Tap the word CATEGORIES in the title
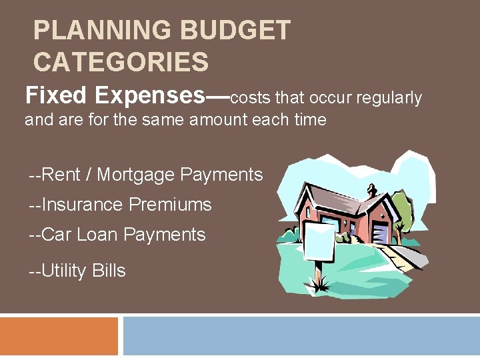(x=121, y=63)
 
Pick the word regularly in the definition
(x=389, y=98)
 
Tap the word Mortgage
(x=137, y=175)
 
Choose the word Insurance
(x=83, y=205)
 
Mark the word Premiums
(x=170, y=205)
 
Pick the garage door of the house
(x=379, y=233)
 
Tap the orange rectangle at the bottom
(x=59, y=337)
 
